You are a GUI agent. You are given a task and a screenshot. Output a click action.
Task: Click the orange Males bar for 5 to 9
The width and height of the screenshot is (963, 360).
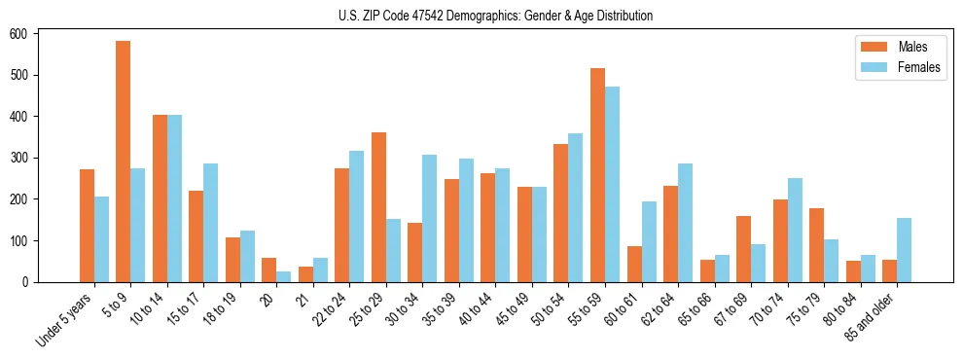coord(124,162)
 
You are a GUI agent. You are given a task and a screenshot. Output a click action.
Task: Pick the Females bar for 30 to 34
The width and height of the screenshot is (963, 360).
coord(430,218)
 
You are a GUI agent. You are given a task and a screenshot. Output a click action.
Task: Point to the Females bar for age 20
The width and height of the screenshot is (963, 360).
coord(284,276)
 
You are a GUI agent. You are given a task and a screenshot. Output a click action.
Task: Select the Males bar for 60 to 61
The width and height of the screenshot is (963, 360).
coord(634,264)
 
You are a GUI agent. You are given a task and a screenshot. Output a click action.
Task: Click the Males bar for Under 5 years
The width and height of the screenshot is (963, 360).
coord(87,226)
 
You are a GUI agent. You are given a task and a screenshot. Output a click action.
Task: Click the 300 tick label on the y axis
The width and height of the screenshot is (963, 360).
coord(26,158)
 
